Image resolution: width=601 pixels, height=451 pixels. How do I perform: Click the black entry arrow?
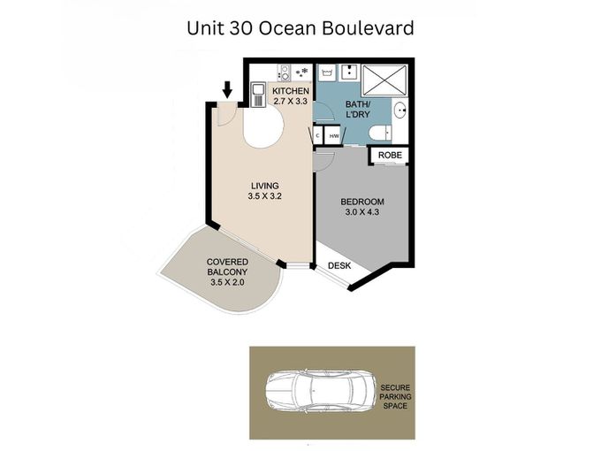click(x=228, y=89)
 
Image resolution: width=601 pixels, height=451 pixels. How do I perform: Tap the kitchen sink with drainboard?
click(x=258, y=95)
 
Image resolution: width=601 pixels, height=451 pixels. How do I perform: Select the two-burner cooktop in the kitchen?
click(x=285, y=73)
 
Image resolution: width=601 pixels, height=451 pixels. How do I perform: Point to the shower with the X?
click(x=384, y=80)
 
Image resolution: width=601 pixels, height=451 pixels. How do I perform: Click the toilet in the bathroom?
click(x=380, y=134)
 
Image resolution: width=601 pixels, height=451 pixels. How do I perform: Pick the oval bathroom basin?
click(x=400, y=111)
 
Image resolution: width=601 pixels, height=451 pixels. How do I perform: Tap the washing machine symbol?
click(x=326, y=73)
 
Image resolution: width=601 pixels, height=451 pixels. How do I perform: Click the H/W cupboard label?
click(x=334, y=136)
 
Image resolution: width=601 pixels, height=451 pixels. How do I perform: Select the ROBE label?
click(x=390, y=155)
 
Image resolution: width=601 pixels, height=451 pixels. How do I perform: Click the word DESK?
click(x=339, y=265)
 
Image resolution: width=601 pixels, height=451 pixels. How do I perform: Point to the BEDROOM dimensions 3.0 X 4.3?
click(x=362, y=211)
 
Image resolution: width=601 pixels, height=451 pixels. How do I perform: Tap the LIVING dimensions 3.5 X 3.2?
click(x=264, y=196)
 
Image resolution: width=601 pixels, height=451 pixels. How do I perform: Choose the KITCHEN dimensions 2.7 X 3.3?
click(x=291, y=101)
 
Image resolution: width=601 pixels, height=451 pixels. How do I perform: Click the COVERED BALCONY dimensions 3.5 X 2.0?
click(x=227, y=282)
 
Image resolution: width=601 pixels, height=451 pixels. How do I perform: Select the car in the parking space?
click(x=321, y=392)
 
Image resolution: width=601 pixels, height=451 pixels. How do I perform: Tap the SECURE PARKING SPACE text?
click(x=395, y=396)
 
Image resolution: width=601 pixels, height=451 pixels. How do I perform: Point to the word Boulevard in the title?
click(x=368, y=28)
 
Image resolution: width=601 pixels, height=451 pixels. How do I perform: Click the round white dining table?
click(x=263, y=126)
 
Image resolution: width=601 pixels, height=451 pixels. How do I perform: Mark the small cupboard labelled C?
click(x=318, y=136)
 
